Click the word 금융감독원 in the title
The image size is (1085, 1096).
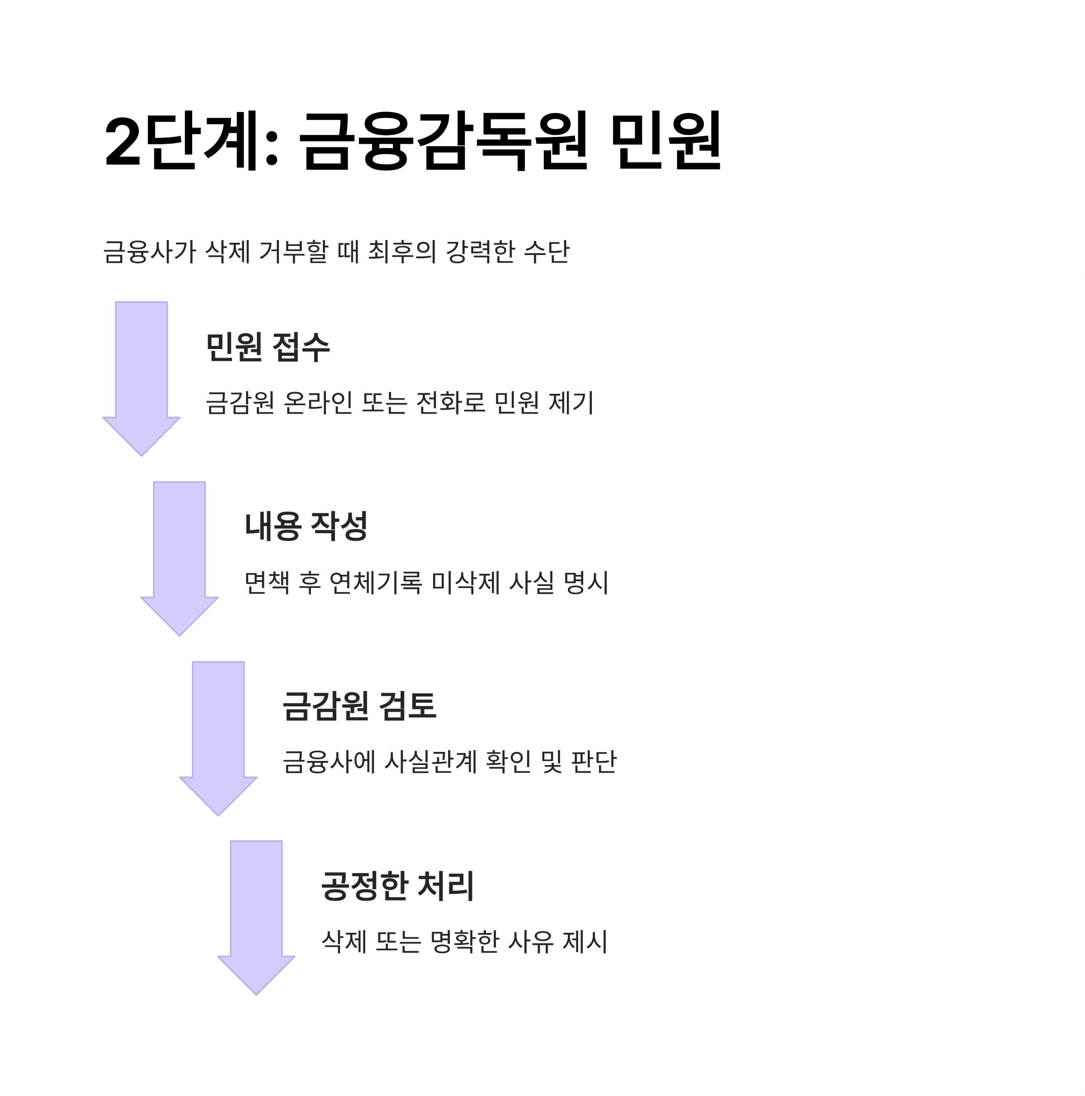point(443,141)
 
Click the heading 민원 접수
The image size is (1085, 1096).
point(267,347)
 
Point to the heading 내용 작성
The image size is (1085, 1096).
point(306,526)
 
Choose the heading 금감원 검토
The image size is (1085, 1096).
point(359,706)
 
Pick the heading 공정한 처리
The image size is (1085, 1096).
point(397,886)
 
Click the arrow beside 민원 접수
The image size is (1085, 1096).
point(141,374)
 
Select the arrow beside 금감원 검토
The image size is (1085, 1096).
point(218,734)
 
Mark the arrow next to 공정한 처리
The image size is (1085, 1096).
point(256,913)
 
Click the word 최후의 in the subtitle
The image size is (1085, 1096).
point(401,252)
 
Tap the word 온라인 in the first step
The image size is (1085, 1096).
point(318,403)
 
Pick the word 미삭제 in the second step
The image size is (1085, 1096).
point(465,583)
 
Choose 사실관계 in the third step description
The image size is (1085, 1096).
point(430,762)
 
